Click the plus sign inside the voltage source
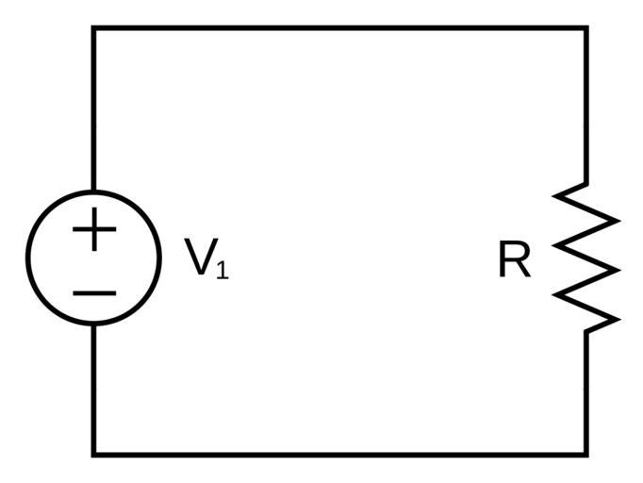click(x=93, y=230)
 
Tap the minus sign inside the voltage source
click(x=93, y=291)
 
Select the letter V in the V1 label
click(x=198, y=257)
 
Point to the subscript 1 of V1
click(x=222, y=271)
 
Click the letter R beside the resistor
click(x=514, y=260)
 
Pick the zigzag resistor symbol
click(x=585, y=258)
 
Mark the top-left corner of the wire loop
click(x=93, y=28)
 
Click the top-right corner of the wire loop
click(x=586, y=28)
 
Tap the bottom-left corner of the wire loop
click(x=93, y=455)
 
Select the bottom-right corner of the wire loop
click(x=586, y=455)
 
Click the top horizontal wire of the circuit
click(x=339, y=28)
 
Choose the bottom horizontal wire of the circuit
click(x=339, y=455)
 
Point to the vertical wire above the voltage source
click(x=93, y=108)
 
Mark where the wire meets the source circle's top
click(x=93, y=192)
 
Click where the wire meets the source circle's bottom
click(x=93, y=324)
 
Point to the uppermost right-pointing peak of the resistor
click(x=617, y=221)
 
